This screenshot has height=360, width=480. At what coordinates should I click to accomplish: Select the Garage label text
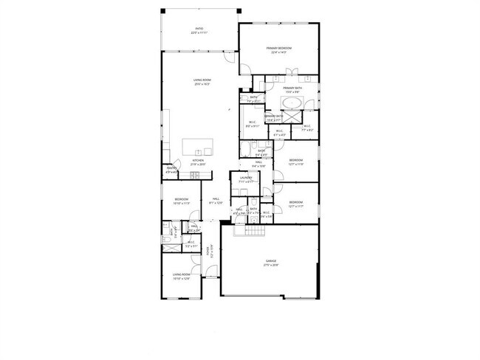(272, 263)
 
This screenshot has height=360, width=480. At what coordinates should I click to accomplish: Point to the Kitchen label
(198, 162)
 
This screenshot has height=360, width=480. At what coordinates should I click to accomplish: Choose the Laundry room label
(246, 179)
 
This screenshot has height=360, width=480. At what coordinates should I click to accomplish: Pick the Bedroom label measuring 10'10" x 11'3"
(182, 201)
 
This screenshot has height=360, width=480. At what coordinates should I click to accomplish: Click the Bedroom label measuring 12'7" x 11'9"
(296, 162)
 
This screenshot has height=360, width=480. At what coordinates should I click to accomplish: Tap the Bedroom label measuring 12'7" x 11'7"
(296, 204)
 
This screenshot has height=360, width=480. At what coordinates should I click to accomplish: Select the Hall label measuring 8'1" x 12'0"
(216, 201)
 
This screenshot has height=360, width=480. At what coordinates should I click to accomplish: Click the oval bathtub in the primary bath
(292, 103)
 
